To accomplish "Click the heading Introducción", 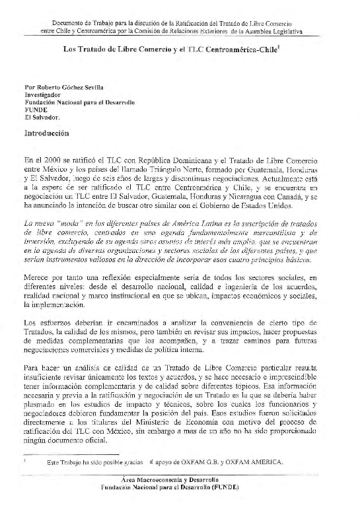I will coord(46,133).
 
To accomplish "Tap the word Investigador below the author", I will coord(42,94).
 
